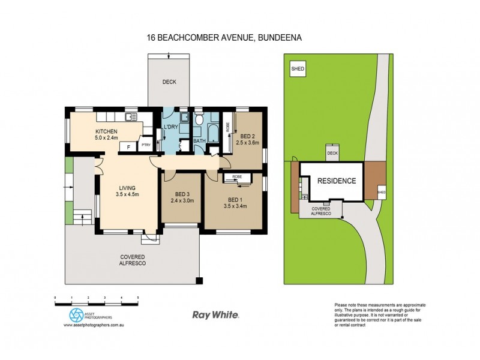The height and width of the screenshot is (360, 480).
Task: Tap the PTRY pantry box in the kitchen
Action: pos(145,145)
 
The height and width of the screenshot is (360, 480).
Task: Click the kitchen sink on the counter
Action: pos(130,115)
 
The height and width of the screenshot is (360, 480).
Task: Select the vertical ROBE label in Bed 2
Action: pos(227,127)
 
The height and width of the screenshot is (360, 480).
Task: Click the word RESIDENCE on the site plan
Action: pos(337,181)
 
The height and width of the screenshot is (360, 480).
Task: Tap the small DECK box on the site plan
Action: pos(332,153)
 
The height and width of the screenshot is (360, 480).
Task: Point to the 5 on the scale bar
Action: pos(138,298)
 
